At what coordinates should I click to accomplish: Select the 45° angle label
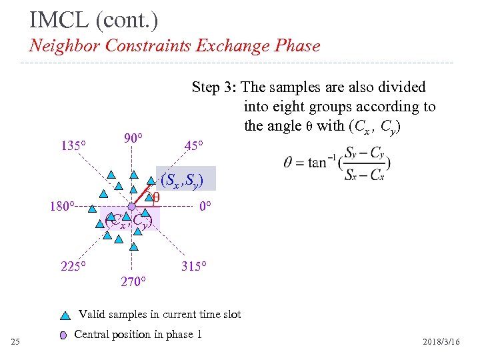pos(194,145)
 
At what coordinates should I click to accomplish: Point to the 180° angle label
pos(61,206)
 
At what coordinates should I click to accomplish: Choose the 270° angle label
pos(132,281)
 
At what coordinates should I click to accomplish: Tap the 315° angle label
pos(194,267)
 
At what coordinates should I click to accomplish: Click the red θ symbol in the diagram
pos(156,197)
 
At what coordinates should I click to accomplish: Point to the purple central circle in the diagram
pos(132,207)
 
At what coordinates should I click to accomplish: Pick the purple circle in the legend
pos(63,335)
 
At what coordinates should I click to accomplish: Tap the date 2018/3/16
pos(441,342)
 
